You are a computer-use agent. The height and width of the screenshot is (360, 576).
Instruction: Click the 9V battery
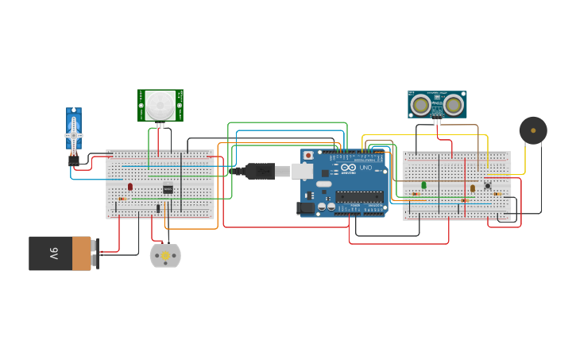pos(60,254)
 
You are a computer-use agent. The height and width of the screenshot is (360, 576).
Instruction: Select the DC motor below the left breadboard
pos(165,255)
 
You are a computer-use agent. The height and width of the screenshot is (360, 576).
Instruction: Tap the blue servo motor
pos(74,132)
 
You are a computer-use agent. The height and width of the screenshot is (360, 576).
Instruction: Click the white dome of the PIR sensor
pos(160,103)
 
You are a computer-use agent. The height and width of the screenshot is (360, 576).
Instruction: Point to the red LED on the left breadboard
pos(130,187)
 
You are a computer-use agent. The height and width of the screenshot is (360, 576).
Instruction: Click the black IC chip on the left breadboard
pos(168,189)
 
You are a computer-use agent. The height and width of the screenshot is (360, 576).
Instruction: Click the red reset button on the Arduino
pos(308,155)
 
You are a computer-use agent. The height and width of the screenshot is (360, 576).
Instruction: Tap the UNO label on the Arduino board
pos(365,168)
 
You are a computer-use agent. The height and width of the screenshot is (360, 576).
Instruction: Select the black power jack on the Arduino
pos(306,208)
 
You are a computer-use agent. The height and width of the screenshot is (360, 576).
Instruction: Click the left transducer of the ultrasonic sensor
pos(421,103)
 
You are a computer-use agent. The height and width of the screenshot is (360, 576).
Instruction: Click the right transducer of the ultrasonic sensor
pos(454,103)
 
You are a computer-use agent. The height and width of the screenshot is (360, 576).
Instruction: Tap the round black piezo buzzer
pos(533,130)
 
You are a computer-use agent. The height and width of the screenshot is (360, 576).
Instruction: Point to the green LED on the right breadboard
pos(423,185)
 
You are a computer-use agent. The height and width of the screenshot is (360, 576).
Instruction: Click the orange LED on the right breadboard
pos(472,188)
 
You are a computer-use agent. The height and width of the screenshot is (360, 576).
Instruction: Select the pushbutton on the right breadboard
pos(488,186)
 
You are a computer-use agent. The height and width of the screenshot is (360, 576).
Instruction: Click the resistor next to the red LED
pos(122,199)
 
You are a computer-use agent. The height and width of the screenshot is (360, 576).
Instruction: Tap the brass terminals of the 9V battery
pos(95,254)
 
